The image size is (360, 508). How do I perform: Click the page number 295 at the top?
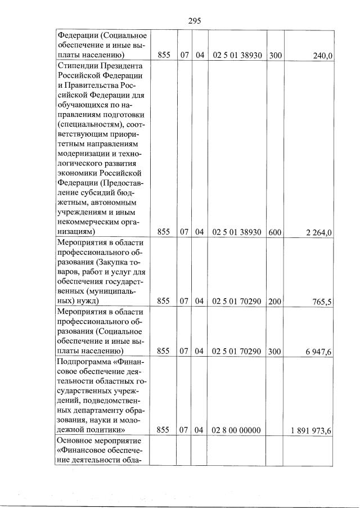point(194,21)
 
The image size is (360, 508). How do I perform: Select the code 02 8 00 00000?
point(236,430)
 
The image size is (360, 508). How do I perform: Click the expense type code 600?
point(275,232)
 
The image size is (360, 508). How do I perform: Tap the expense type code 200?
point(275,302)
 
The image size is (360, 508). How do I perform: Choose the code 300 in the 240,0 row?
point(275,55)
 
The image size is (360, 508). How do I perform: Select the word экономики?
point(79,173)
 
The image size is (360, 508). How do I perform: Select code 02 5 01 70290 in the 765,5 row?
point(236,302)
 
